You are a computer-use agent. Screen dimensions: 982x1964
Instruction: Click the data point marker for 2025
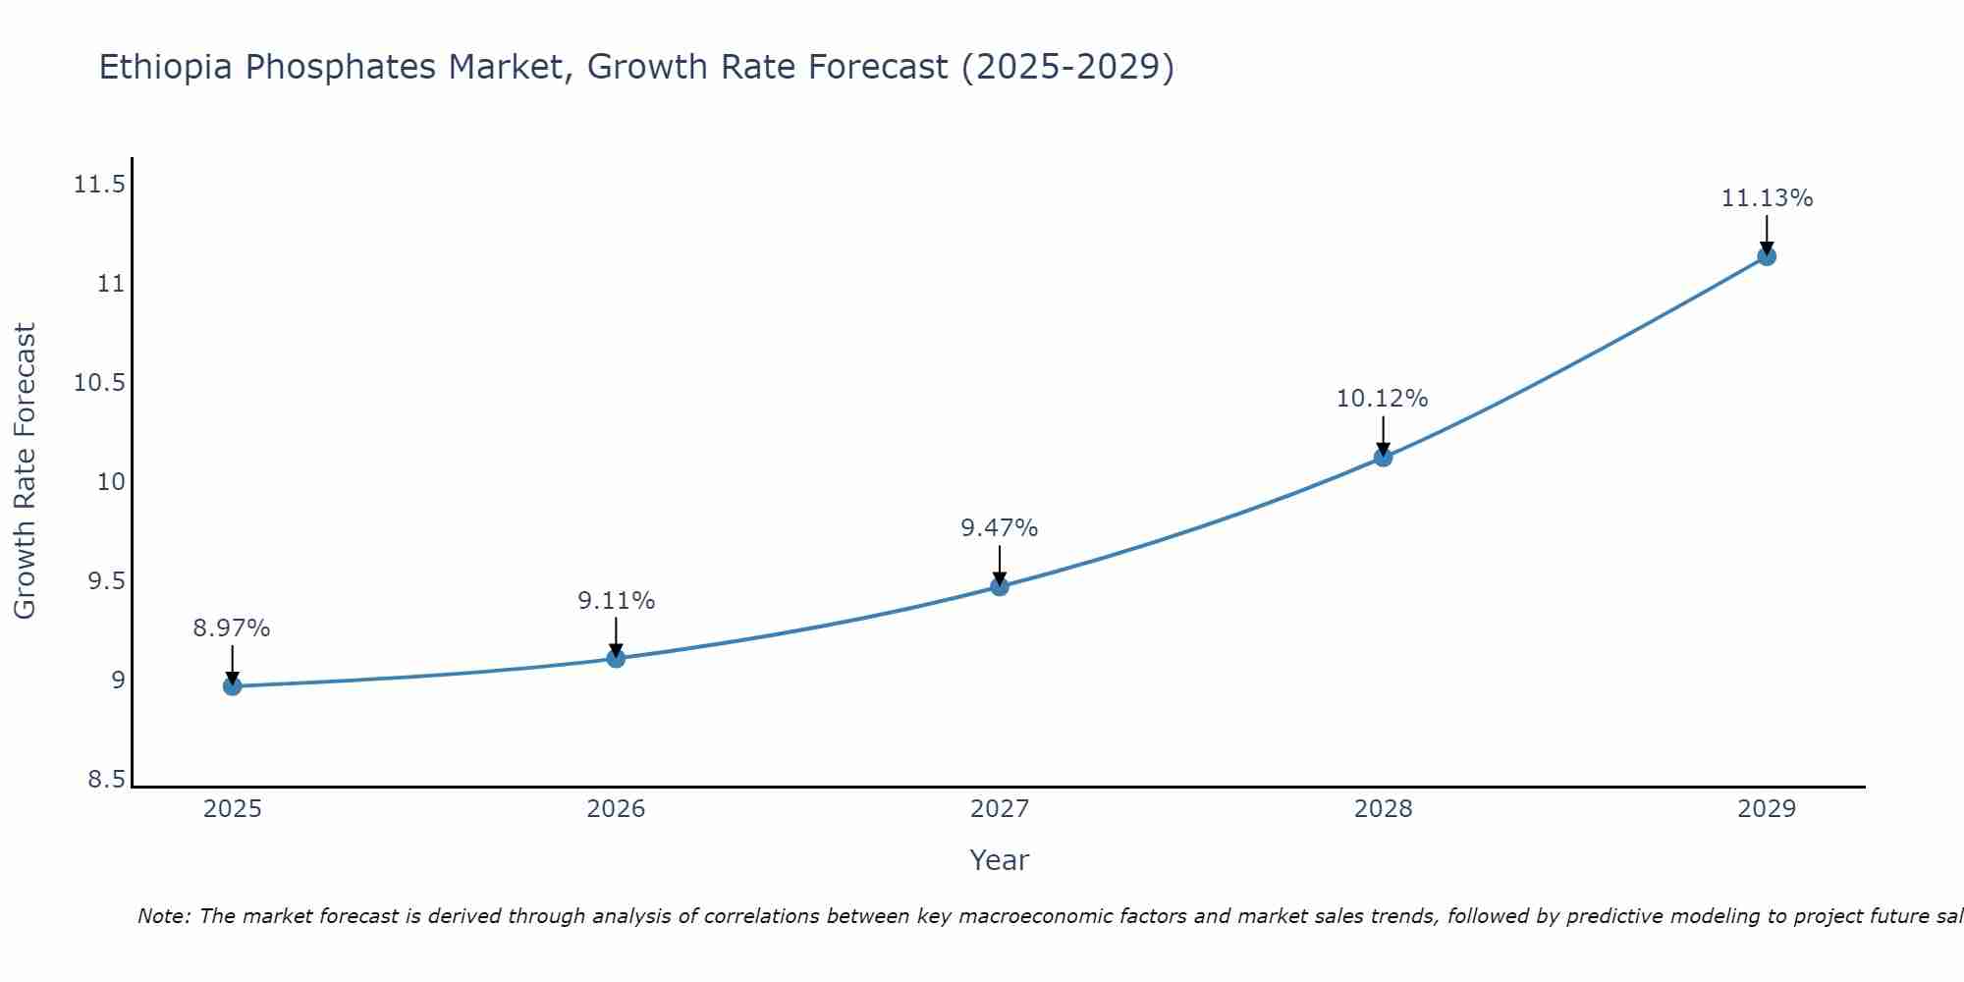tap(232, 685)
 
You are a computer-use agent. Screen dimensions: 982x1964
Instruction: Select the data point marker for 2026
tap(616, 658)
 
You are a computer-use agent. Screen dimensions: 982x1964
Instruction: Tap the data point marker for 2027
tap(1000, 586)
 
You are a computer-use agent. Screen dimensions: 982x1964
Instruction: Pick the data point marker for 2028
tap(1383, 457)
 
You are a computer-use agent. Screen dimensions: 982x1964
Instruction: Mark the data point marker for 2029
tap(1767, 256)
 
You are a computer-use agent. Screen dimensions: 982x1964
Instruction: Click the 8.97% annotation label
tap(232, 628)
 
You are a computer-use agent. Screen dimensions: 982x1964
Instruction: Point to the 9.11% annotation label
tap(616, 601)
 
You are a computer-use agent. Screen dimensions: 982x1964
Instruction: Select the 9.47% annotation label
tap(1000, 528)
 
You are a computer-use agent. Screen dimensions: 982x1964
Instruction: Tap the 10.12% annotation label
tap(1382, 399)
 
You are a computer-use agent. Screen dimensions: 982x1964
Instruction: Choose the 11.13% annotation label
tap(1767, 198)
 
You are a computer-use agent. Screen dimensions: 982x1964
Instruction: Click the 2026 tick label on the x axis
tap(616, 809)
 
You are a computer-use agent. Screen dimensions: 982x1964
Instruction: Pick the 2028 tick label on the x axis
tap(1383, 809)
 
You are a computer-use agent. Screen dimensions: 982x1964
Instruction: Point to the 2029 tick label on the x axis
tap(1767, 809)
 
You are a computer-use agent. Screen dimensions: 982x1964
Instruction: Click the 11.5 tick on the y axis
tap(99, 185)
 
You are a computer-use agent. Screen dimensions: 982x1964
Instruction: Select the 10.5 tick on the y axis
tap(99, 383)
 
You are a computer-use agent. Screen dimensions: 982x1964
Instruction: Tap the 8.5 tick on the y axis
tap(106, 780)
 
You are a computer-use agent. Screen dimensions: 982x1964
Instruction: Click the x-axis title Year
tap(999, 860)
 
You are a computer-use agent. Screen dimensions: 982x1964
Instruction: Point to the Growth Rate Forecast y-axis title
tap(25, 470)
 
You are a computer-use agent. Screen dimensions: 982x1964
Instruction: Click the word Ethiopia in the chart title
tap(166, 67)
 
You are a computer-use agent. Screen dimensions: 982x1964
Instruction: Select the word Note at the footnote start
tap(162, 916)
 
